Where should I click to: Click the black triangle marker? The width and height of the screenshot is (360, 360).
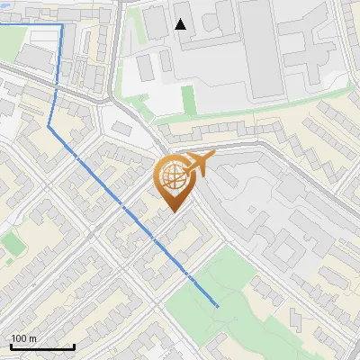point(181,24)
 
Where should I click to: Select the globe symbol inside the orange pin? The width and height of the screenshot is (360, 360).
point(173,179)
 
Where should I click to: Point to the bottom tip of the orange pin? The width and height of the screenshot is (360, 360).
point(173,211)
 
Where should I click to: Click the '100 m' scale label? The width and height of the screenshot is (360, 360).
point(24,338)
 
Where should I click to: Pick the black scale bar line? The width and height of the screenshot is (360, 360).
point(42,346)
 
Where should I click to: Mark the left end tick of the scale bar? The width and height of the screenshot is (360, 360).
point(11,346)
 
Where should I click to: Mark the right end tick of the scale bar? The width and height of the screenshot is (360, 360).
point(74,346)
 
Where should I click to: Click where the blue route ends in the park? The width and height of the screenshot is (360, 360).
point(219,307)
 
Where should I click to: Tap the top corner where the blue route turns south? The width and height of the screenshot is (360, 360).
point(61,26)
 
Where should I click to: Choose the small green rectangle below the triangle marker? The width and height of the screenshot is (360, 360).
point(188,98)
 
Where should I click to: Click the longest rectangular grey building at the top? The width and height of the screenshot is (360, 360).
point(261,49)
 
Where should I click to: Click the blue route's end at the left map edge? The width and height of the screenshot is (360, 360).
point(1,26)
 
